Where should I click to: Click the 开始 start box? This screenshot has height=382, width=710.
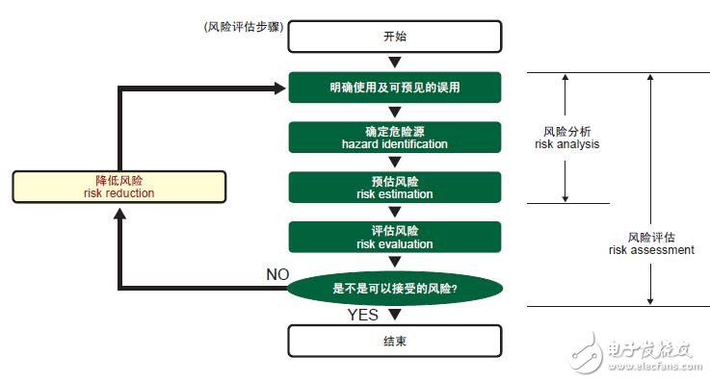pos(395,37)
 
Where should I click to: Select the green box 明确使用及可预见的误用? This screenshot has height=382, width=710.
pos(395,88)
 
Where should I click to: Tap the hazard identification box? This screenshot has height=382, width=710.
pos(395,138)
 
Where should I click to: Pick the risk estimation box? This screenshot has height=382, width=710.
pos(395,188)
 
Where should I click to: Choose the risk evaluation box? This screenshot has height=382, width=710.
pos(395,238)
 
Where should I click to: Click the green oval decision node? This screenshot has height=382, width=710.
pos(395,288)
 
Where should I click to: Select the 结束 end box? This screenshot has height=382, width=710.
pos(395,341)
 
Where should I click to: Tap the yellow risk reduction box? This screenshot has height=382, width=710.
pos(119,187)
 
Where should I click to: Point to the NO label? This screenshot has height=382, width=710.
pos(277,274)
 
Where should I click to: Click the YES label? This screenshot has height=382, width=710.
pos(362,314)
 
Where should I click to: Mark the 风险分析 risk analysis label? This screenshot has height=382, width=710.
pos(566,138)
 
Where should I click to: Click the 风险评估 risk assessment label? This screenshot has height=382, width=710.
pos(650,242)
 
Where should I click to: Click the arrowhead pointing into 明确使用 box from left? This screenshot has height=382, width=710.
pos(280,89)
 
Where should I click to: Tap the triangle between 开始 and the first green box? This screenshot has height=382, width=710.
pos(395,63)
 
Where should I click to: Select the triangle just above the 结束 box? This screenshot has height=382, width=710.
pos(394,315)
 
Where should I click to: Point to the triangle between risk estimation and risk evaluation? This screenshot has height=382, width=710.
pos(395,213)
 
